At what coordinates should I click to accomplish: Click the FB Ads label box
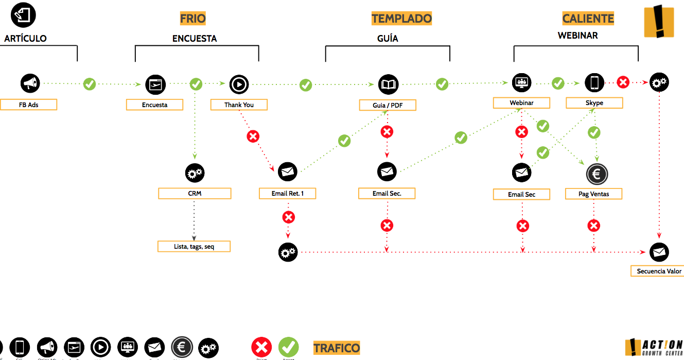(29, 105)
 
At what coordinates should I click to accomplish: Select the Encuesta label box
(155, 105)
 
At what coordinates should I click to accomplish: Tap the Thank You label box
(239, 105)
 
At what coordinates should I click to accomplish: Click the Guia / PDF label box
(388, 105)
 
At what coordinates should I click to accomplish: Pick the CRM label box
(195, 194)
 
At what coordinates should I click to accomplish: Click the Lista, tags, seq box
(194, 247)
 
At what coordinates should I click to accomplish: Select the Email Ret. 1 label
(287, 194)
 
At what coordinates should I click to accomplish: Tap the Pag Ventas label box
(594, 194)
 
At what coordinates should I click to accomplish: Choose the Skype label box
(594, 103)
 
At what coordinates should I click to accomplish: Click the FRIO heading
(193, 19)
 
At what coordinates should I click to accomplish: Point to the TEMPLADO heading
(401, 19)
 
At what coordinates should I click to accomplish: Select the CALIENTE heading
(588, 19)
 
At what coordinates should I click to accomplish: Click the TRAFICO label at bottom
(337, 348)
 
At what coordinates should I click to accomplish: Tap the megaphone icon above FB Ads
(30, 83)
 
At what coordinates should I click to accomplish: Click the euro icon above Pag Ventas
(597, 175)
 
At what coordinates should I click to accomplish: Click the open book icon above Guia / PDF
(388, 84)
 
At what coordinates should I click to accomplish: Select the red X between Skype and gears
(623, 82)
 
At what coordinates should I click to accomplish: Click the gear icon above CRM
(195, 174)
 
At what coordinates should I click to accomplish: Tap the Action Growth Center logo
(654, 348)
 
